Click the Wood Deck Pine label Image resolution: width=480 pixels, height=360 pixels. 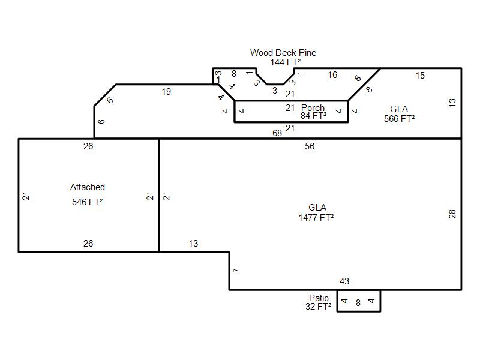283,53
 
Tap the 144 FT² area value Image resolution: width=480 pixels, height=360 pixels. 286,62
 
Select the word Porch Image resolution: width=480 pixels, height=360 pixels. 313,108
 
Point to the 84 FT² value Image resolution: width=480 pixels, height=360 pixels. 313,116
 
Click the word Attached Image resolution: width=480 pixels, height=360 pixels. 88,187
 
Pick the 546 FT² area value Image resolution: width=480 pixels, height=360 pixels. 87,202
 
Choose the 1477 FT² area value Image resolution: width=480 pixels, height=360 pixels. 316,218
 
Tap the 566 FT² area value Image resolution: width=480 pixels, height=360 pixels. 400,118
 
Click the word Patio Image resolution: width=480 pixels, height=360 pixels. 319,298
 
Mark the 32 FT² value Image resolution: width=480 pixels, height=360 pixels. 319,307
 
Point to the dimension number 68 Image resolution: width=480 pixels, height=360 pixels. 277,133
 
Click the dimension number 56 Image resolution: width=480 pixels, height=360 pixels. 310,146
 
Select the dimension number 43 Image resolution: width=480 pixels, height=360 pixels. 344,281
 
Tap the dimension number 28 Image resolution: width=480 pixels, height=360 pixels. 452,214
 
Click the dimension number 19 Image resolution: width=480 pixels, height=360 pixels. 166,92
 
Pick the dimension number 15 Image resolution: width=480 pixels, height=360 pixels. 420,76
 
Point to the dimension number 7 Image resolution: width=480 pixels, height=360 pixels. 236,271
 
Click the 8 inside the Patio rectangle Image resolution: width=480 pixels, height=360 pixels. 358,303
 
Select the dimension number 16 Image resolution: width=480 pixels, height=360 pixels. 332,75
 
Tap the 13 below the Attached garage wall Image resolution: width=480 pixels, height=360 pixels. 193,244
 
